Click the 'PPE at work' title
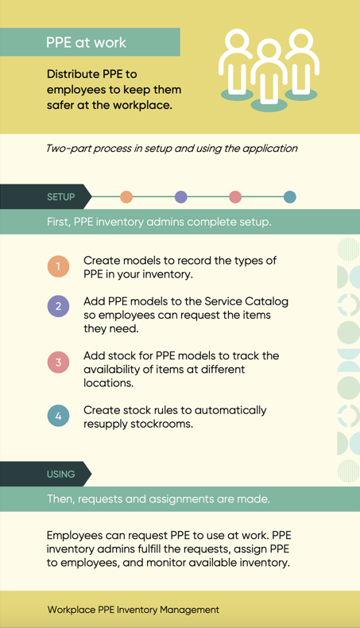coord(86,42)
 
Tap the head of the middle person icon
coord(269,51)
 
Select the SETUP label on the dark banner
coord(61,197)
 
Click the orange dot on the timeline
coord(126,197)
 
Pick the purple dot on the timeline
coord(181,197)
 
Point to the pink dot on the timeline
coord(235,197)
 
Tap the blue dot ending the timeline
coord(289,197)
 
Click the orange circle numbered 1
coord(59,266)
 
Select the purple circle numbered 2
coord(59,306)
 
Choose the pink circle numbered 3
coord(59,362)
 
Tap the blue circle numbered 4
coord(59,416)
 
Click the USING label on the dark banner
coord(61,475)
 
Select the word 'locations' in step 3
coord(109,383)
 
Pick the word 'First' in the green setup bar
coord(59,222)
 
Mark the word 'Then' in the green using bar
coord(60,499)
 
